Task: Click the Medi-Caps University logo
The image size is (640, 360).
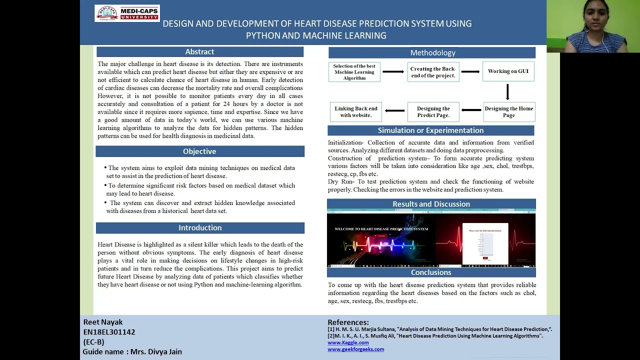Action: tap(127, 13)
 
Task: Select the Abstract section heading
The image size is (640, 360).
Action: tap(199, 52)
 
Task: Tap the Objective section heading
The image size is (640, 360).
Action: tap(199, 151)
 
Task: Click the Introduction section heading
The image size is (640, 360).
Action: tap(200, 228)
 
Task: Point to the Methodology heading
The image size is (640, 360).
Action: tap(432, 53)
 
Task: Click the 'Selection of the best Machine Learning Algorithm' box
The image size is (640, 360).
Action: tap(354, 72)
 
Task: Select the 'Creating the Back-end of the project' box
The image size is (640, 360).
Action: tap(433, 72)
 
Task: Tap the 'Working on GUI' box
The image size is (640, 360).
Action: tap(508, 71)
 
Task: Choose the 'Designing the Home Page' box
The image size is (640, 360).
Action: tap(508, 112)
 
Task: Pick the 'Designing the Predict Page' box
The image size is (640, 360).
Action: tap(433, 112)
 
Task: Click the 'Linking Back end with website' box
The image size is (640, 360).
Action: tap(355, 112)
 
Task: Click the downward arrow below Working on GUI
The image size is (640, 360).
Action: tap(507, 92)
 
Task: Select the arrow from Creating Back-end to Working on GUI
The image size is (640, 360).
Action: tap(470, 71)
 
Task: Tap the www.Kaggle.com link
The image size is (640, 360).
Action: tap(348, 342)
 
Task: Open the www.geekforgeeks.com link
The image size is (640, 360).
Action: tap(355, 349)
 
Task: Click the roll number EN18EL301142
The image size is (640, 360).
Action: tap(109, 332)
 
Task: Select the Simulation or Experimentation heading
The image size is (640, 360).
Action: tap(430, 130)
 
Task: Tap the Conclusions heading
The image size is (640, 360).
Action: tap(431, 272)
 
